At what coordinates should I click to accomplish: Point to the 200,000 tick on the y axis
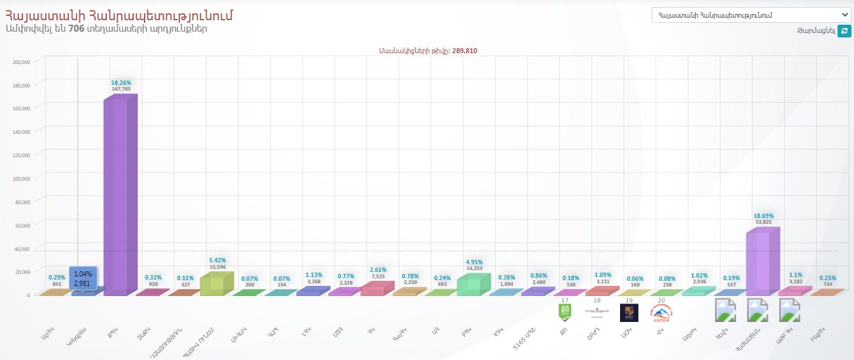22,61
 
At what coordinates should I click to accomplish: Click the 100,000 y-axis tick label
22,178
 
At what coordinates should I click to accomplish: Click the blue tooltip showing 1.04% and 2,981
83,278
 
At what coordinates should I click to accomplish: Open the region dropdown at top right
751,15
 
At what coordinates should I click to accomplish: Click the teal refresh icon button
844,31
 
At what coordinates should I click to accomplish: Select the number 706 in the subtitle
76,29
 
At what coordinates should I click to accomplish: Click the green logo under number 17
564,312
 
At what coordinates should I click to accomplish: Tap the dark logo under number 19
629,312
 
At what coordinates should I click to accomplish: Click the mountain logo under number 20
661,312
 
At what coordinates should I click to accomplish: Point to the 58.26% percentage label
120,82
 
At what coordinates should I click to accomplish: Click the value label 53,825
763,222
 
